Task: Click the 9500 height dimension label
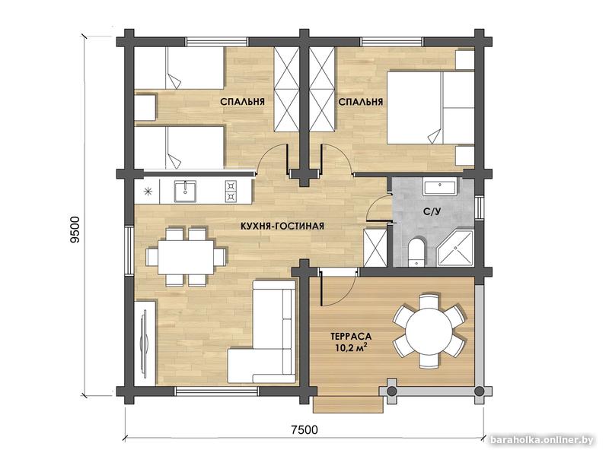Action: tap(75, 230)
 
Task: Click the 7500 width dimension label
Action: tap(304, 429)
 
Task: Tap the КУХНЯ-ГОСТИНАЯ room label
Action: tap(282, 226)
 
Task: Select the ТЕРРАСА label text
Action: tap(351, 336)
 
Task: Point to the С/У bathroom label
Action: tap(432, 212)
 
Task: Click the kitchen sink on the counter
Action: tap(185, 192)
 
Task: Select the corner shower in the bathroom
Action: tap(455, 249)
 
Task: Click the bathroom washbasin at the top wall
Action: tap(440, 187)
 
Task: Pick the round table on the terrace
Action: tap(429, 331)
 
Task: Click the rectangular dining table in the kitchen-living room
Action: tap(186, 257)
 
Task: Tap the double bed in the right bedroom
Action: tap(431, 108)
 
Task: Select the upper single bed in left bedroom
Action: tap(179, 68)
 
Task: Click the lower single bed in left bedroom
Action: tap(179, 147)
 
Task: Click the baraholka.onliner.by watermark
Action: tap(542, 440)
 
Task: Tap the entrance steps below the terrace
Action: tap(349, 404)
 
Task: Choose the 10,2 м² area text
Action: tap(351, 347)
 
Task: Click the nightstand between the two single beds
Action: tap(145, 108)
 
